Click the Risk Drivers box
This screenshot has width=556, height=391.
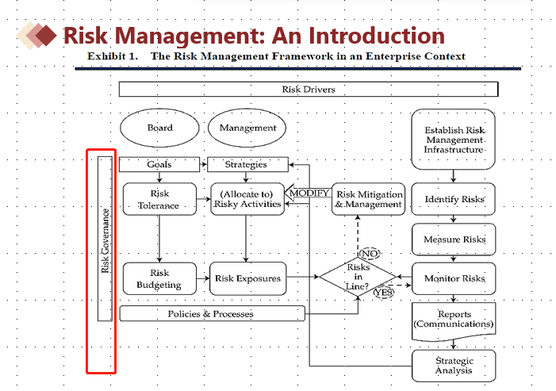point(309,90)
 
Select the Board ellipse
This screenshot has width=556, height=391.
point(159,128)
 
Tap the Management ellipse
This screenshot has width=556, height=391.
point(247,128)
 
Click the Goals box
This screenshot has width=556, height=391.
point(159,165)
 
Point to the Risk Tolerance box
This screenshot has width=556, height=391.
point(159,199)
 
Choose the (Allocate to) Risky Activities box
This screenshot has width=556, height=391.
point(247,199)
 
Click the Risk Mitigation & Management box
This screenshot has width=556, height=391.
point(368,199)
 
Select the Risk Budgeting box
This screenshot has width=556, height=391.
point(159,278)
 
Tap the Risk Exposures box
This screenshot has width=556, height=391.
point(247,278)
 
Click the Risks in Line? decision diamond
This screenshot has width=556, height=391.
point(358,277)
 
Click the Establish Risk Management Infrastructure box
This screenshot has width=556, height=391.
point(454,140)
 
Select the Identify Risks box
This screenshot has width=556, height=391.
point(454,199)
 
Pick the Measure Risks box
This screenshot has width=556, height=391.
point(454,239)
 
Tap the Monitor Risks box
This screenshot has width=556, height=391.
point(454,278)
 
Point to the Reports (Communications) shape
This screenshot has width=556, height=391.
point(454,319)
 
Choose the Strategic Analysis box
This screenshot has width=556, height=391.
point(454,366)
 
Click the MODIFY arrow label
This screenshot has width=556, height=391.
point(309,194)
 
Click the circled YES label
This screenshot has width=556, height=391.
point(384,292)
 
